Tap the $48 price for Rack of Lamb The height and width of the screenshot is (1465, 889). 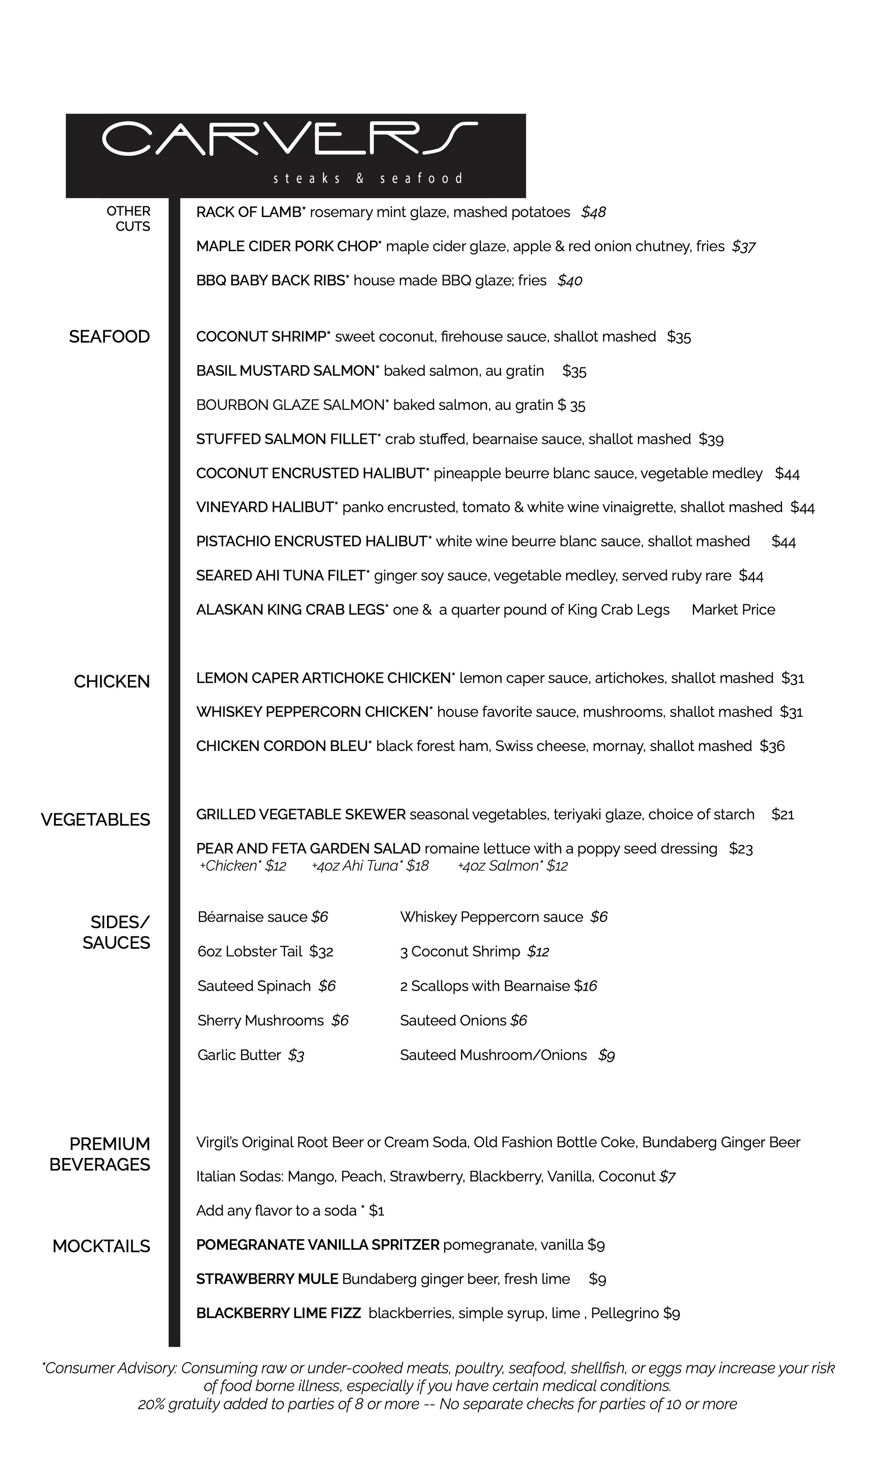(x=593, y=212)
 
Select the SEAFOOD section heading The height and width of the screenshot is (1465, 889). (x=109, y=337)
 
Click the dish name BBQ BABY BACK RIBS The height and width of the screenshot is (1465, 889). (x=271, y=281)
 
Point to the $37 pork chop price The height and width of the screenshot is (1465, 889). (x=744, y=247)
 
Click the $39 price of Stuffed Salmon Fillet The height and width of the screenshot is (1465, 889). (x=711, y=439)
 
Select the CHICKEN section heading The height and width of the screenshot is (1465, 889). (x=112, y=681)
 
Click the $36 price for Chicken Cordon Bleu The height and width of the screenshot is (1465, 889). (x=772, y=746)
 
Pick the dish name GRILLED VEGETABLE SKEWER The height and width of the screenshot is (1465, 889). (x=301, y=815)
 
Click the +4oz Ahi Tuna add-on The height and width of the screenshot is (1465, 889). (x=369, y=866)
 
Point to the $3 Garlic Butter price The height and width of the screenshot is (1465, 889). (x=296, y=1055)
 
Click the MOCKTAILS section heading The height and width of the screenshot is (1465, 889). (x=101, y=1246)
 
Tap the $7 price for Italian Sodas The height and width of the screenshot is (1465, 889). (x=667, y=1176)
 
